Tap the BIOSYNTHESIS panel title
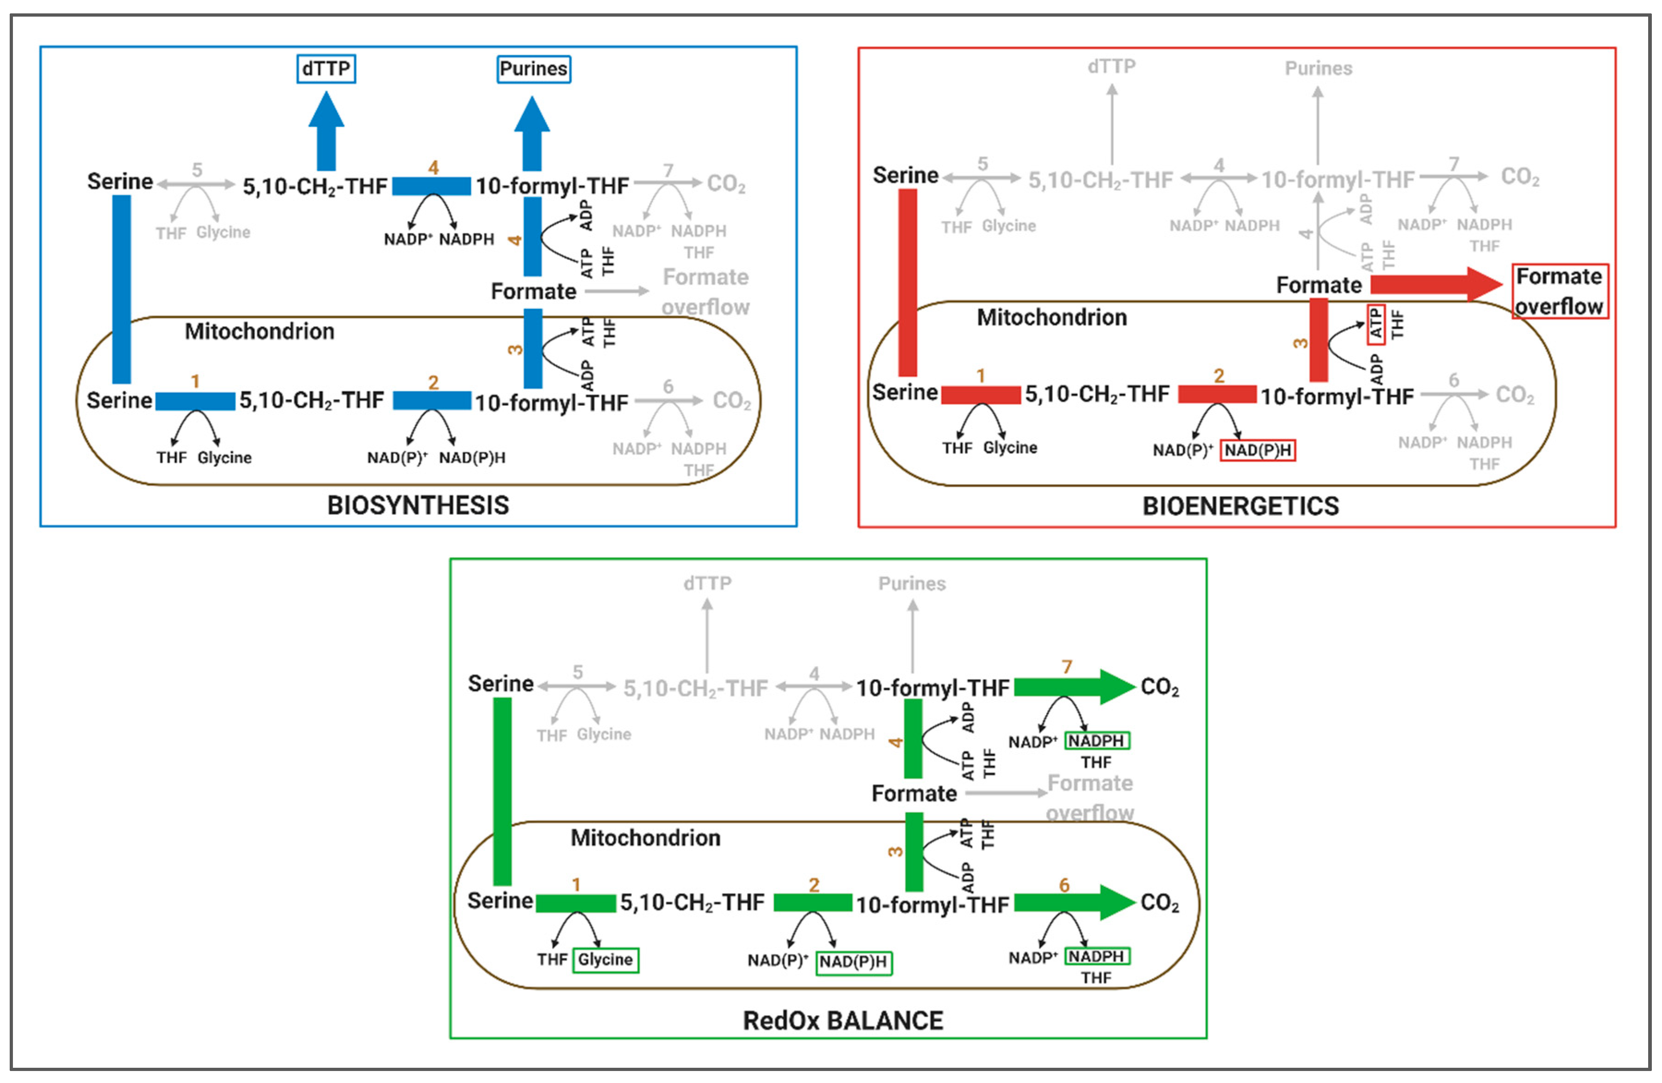point(418,505)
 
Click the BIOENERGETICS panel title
point(1240,505)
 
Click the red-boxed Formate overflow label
point(1560,291)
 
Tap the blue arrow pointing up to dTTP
point(326,132)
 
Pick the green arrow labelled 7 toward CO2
point(1072,687)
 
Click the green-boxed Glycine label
point(605,959)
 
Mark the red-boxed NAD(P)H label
point(1258,451)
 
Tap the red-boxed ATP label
point(1376,325)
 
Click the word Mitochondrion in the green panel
point(645,837)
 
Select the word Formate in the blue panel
point(534,291)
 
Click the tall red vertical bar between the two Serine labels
point(907,283)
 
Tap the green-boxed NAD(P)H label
point(853,962)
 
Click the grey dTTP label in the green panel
point(707,583)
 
